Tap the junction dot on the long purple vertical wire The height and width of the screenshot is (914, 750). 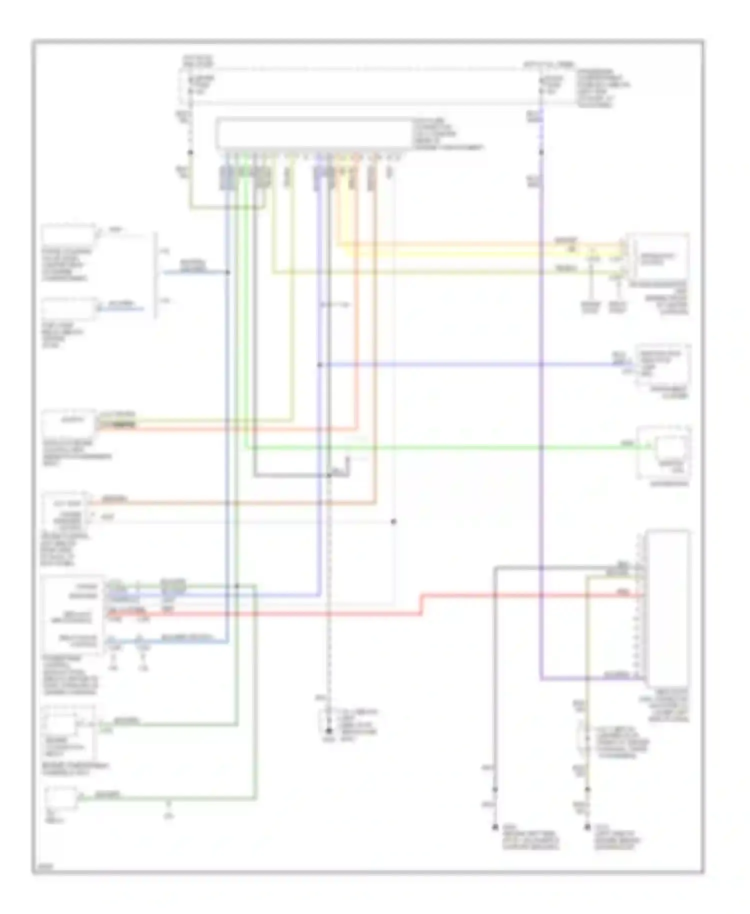tap(541, 151)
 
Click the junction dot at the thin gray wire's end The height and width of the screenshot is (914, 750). tap(393, 521)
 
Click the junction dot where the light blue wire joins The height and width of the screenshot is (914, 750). tap(228, 272)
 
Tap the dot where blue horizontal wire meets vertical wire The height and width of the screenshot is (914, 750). tap(319, 364)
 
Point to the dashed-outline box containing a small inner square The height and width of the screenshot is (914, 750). tap(68, 732)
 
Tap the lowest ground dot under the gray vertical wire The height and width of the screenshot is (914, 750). tap(495, 827)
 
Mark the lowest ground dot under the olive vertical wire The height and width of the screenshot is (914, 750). tap(587, 827)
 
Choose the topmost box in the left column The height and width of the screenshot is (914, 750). tap(68, 236)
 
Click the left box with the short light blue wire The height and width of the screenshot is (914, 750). tap(68, 309)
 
